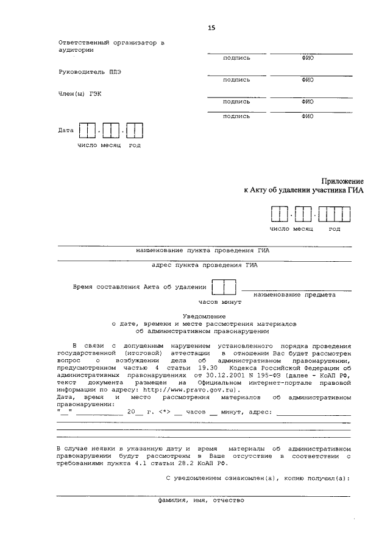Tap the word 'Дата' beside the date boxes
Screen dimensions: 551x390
(66, 130)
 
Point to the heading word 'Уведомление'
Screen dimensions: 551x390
(204, 316)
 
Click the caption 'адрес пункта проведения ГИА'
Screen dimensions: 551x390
(204, 265)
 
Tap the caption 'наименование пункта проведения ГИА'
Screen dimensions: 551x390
(204, 250)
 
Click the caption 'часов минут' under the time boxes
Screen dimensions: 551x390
(220, 301)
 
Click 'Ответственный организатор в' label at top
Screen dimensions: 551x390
(112, 43)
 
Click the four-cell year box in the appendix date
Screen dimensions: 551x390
(335, 216)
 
